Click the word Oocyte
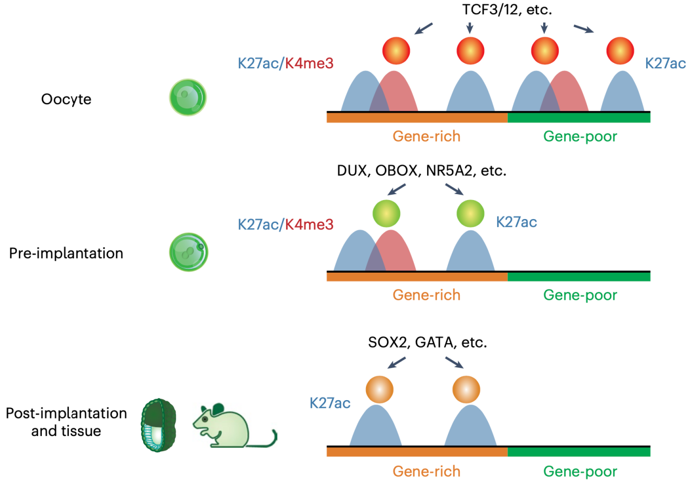pyautogui.click(x=66, y=100)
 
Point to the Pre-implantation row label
pyautogui.click(x=66, y=253)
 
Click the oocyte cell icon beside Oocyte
pyautogui.click(x=188, y=98)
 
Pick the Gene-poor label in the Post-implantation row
pyautogui.click(x=580, y=471)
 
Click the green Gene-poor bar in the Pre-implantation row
pyautogui.click(x=578, y=277)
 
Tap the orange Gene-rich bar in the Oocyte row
pyautogui.click(x=417, y=117)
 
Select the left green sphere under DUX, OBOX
pyautogui.click(x=387, y=213)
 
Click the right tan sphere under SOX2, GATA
pyautogui.click(x=466, y=388)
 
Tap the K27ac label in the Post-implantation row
pyautogui.click(x=330, y=403)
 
